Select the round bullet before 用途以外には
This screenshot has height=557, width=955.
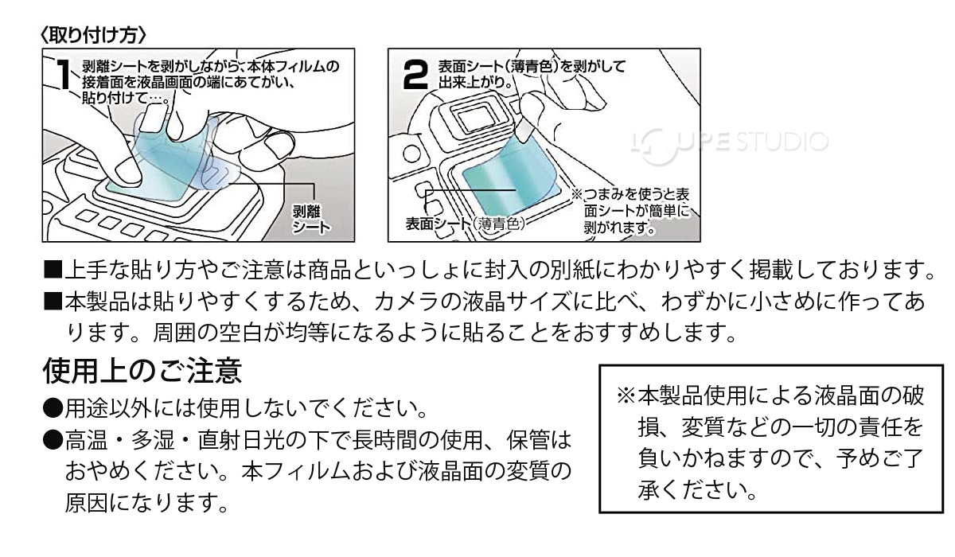53,408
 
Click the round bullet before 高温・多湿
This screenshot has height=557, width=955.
53,439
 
